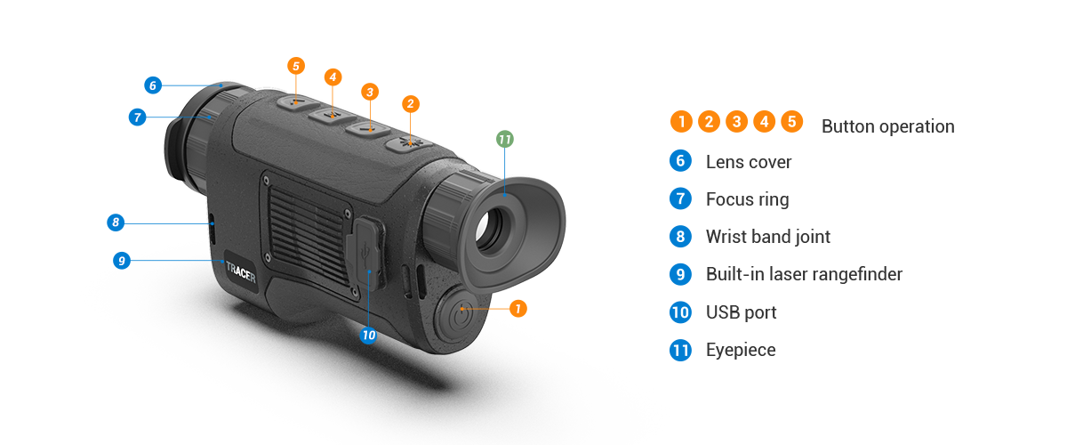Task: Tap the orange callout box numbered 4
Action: (333, 77)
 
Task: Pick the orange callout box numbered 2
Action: (410, 104)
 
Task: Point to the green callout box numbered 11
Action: (504, 140)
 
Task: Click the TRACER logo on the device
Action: (240, 271)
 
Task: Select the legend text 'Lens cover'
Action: (748, 162)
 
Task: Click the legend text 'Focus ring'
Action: (747, 199)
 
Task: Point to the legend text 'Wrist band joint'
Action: (767, 237)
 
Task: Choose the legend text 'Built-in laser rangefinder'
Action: (804, 274)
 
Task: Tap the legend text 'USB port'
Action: (741, 312)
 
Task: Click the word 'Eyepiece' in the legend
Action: (740, 350)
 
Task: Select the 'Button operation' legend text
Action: (886, 125)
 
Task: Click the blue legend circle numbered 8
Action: (681, 237)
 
